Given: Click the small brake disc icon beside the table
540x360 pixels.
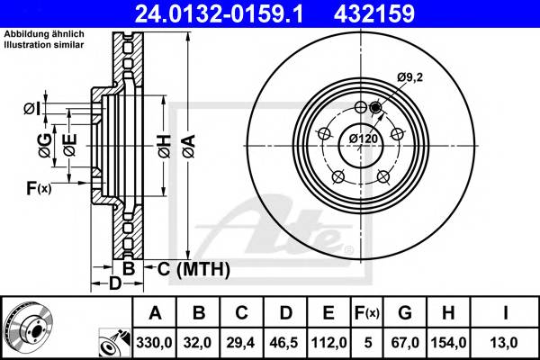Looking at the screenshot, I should (x=29, y=327).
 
